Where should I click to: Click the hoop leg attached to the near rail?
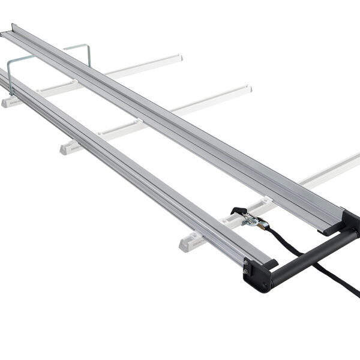pos(10,77)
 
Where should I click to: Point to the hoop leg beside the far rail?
pos(89,55)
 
